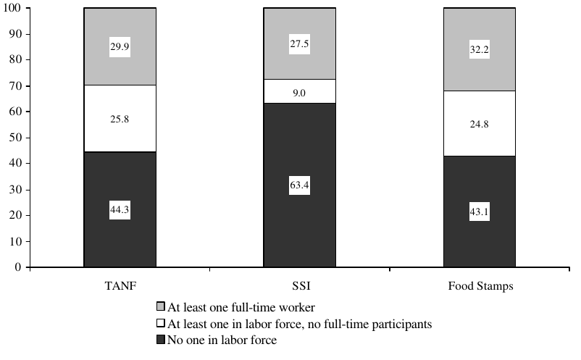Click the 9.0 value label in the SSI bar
pos(299,91)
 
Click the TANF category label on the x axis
pos(120,286)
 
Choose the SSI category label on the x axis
pos(299,286)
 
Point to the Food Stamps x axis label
pos(479,286)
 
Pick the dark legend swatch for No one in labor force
pos(160,340)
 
